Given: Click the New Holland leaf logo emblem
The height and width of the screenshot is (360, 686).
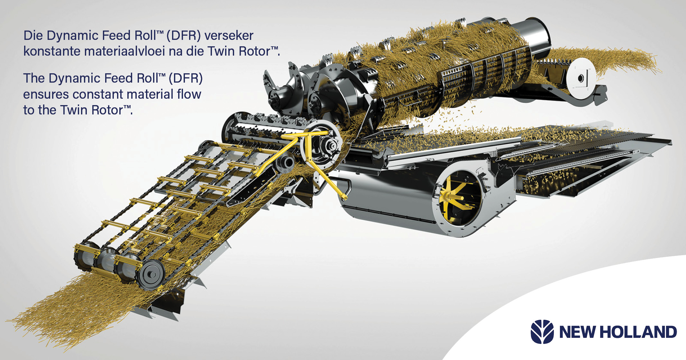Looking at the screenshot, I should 542,332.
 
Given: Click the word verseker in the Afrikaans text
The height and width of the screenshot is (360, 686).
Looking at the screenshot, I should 229,36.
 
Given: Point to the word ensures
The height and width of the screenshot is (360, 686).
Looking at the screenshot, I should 46,94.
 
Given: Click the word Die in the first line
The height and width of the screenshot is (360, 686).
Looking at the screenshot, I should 33,36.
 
